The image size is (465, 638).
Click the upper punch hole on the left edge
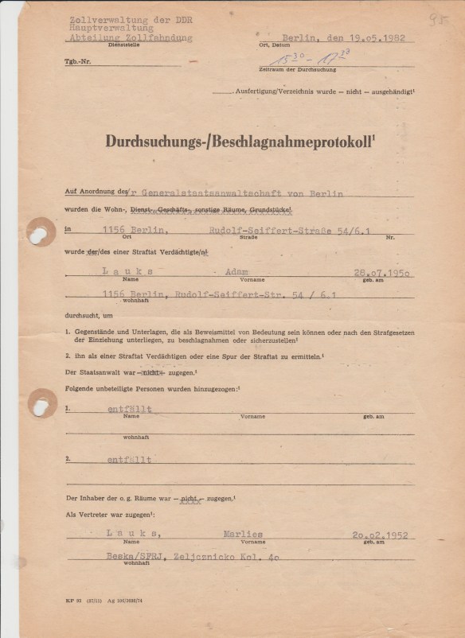tap(39, 231)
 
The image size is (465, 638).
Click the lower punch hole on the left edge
tap(40, 403)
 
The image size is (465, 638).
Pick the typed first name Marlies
tap(243, 535)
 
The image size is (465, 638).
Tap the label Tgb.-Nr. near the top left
tap(77, 61)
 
